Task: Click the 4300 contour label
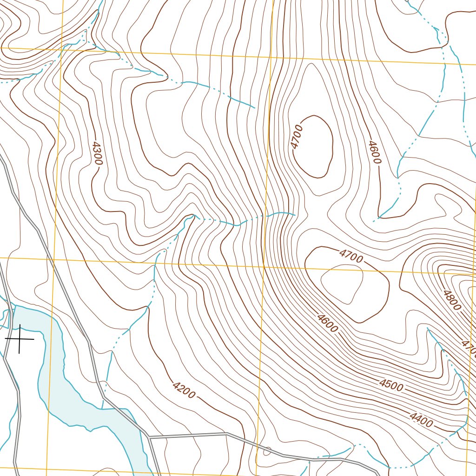[x=97, y=154]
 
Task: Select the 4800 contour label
[x=452, y=300]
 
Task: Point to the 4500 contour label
[x=391, y=384]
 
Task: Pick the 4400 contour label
[x=421, y=420]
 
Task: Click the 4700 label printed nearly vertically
[x=297, y=136]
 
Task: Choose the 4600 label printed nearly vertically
[x=374, y=152]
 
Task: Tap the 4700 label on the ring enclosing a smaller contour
[x=351, y=256]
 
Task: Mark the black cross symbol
[x=19, y=339]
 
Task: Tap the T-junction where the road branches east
[x=149, y=437]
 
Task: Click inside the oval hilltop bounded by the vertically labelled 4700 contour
[x=314, y=146]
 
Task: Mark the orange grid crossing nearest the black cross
[x=54, y=258]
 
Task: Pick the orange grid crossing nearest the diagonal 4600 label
[x=264, y=267]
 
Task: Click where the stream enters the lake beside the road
[x=103, y=408]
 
